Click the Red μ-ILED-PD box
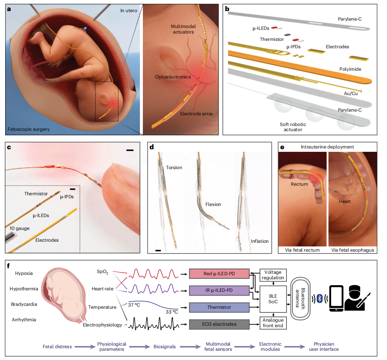[218, 274]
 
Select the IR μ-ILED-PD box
[218, 291]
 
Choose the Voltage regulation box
[273, 275]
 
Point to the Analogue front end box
[273, 323]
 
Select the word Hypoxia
[24, 273]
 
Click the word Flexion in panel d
[213, 204]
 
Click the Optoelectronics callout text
[173, 77]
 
